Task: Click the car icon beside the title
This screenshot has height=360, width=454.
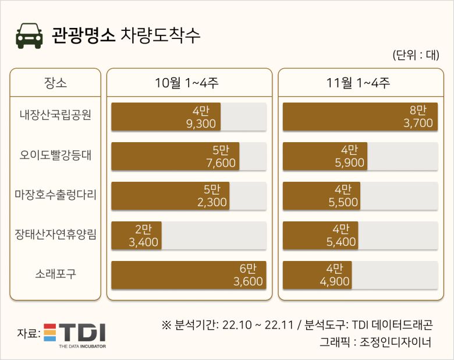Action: (x=29, y=36)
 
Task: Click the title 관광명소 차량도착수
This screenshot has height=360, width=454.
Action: (x=126, y=35)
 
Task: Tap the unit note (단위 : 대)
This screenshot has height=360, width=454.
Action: (x=416, y=55)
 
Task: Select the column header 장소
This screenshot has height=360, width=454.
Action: (x=55, y=83)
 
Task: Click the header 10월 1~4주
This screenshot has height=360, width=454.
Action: (x=189, y=83)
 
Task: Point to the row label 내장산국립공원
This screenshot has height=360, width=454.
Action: (x=55, y=116)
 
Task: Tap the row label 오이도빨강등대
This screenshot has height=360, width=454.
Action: (x=55, y=156)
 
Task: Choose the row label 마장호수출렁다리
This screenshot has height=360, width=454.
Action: (x=55, y=195)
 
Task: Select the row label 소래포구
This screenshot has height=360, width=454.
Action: (x=55, y=274)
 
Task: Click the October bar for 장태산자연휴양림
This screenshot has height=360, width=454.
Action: (x=136, y=235)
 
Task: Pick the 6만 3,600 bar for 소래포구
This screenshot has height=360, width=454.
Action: (x=189, y=275)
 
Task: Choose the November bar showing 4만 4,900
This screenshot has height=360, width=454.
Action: (x=317, y=275)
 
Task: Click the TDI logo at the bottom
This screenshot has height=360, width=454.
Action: (x=75, y=334)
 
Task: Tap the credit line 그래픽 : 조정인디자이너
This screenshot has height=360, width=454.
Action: (x=375, y=341)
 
